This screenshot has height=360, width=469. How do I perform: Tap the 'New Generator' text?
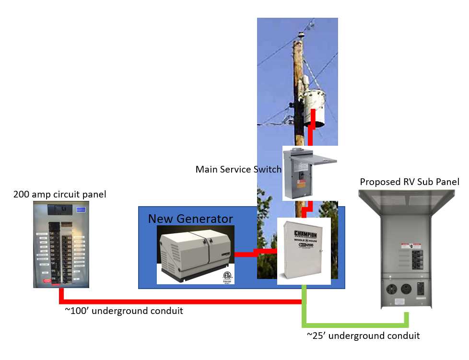[x=190, y=219]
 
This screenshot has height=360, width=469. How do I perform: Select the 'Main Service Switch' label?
[x=238, y=169]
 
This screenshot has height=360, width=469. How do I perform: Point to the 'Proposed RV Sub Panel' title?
[x=410, y=182]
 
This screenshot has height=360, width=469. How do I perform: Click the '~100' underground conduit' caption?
[x=124, y=311]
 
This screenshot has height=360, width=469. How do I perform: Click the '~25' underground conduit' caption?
[x=363, y=336]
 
